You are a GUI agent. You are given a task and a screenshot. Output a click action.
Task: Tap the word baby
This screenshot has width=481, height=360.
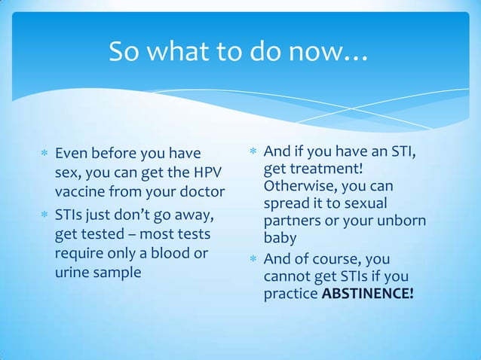(x=280, y=239)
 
